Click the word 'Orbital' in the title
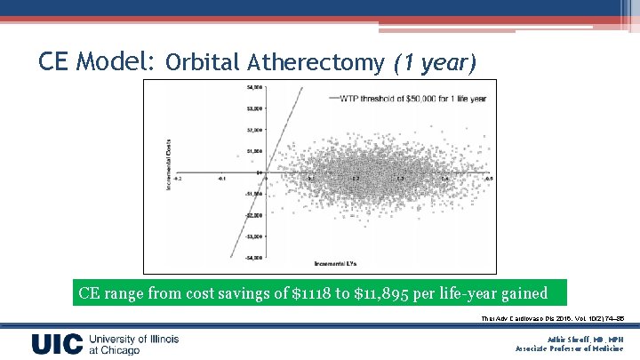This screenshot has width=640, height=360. [202, 62]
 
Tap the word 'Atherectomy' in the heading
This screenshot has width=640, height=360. [315, 62]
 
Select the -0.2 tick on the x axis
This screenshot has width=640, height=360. [178, 179]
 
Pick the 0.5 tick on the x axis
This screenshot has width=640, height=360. [488, 179]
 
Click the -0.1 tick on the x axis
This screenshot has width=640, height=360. [222, 179]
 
